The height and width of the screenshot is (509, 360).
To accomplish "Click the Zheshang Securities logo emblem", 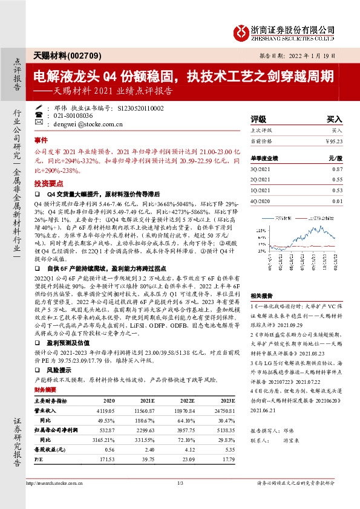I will [x=242, y=30].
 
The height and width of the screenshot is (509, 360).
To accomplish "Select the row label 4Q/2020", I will [x=261, y=201].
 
